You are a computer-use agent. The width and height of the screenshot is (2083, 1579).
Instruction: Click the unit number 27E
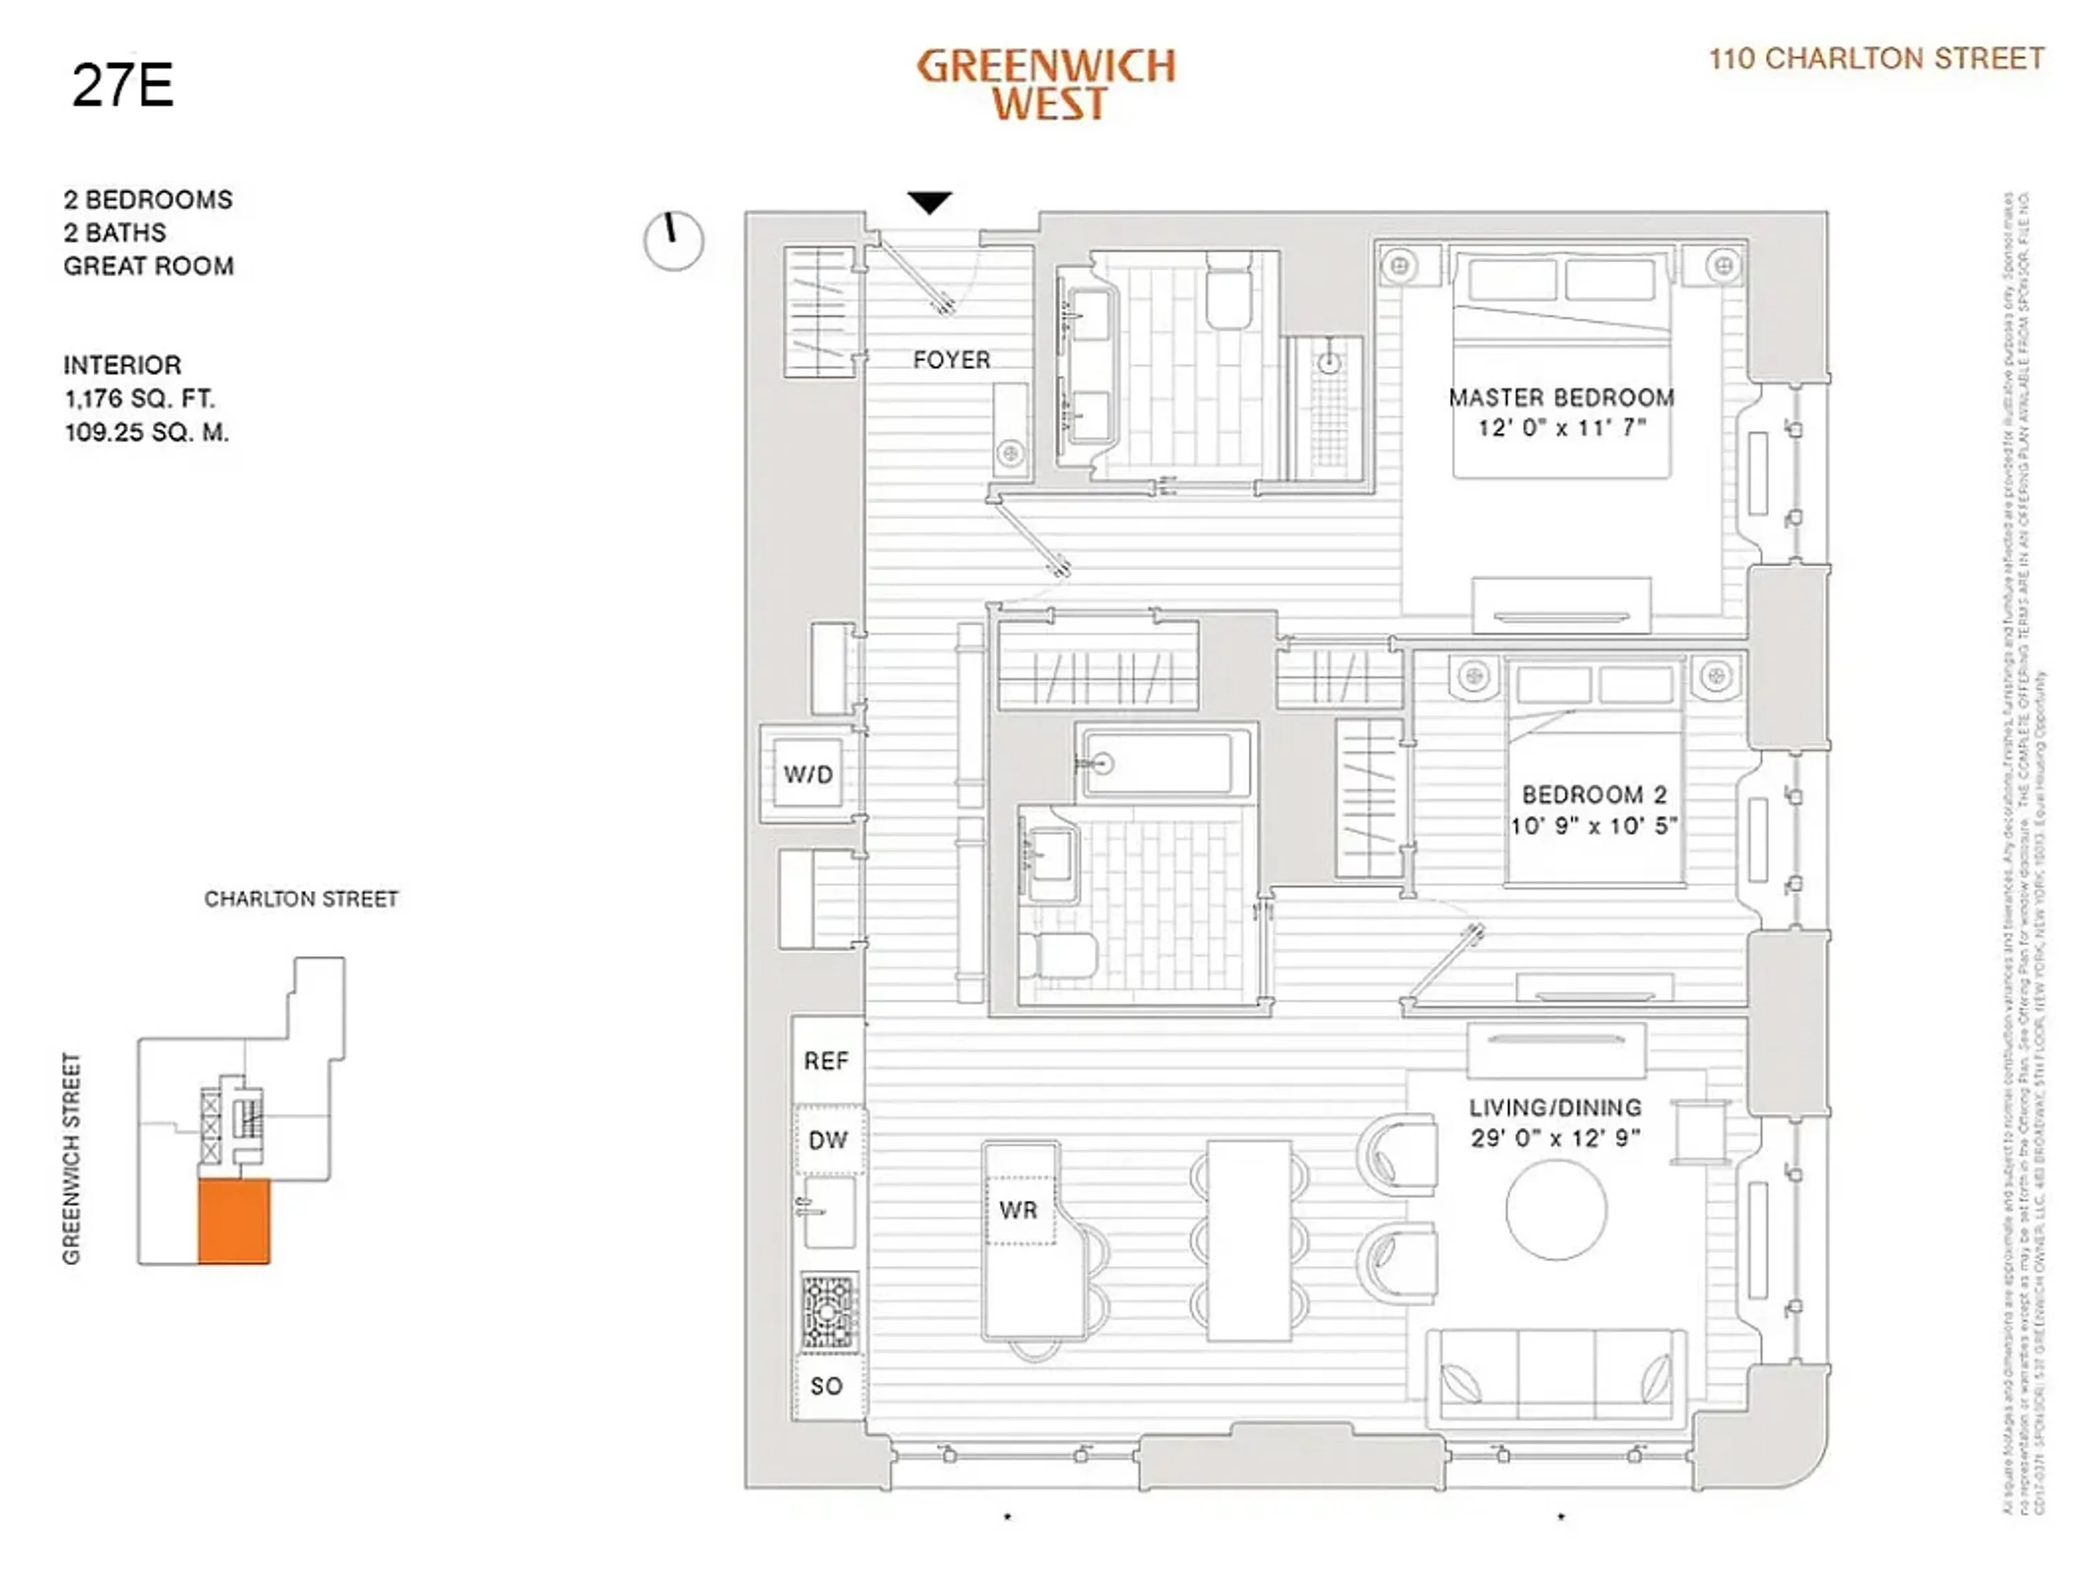click(x=122, y=85)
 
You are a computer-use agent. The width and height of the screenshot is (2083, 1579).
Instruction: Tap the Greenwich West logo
click(x=1046, y=85)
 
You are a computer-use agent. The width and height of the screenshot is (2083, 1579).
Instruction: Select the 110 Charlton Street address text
click(x=1876, y=59)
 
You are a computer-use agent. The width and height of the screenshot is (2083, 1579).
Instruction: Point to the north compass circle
click(x=674, y=241)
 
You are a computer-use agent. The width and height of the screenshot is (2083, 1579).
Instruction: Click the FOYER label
click(x=951, y=360)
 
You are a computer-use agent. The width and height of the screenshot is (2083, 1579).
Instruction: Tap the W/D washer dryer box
click(x=808, y=774)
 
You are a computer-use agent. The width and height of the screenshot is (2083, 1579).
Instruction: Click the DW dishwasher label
click(x=828, y=1140)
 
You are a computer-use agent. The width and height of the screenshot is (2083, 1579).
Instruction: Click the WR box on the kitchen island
click(x=1019, y=1210)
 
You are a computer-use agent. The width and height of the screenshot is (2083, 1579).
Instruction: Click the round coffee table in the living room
click(x=1556, y=1210)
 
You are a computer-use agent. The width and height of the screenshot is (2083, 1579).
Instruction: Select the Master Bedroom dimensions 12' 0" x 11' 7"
click(x=1562, y=428)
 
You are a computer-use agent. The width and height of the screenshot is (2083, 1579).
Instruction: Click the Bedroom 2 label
click(x=1593, y=795)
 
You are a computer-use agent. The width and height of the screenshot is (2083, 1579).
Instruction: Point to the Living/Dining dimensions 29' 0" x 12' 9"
click(x=1556, y=1138)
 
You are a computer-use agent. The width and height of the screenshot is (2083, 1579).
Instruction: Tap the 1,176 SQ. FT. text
click(x=140, y=398)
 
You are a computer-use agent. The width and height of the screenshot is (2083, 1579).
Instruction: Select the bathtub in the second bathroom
click(x=1165, y=763)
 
